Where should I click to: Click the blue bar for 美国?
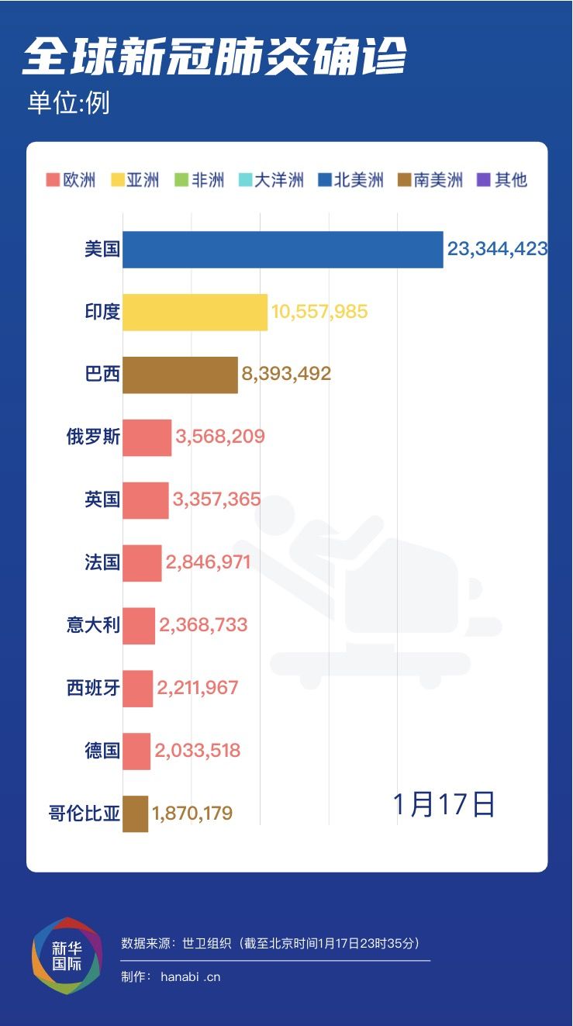(282, 250)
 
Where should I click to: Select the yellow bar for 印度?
(195, 313)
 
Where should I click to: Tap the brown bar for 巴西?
(180, 375)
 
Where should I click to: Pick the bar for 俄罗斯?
(147, 437)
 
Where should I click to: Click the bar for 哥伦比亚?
(135, 814)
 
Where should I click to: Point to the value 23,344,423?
(497, 250)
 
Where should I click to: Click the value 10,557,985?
(319, 313)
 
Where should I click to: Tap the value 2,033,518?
(197, 751)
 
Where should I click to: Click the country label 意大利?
(93, 624)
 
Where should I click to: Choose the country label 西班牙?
(93, 687)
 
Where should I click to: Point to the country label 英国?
(102, 499)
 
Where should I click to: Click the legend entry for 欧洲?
(71, 181)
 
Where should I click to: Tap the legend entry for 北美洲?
(350, 181)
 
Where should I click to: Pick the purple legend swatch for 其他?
(484, 181)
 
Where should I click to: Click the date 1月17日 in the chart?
(444, 804)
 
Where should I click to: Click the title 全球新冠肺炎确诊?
(215, 57)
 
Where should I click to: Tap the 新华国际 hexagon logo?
(67, 955)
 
